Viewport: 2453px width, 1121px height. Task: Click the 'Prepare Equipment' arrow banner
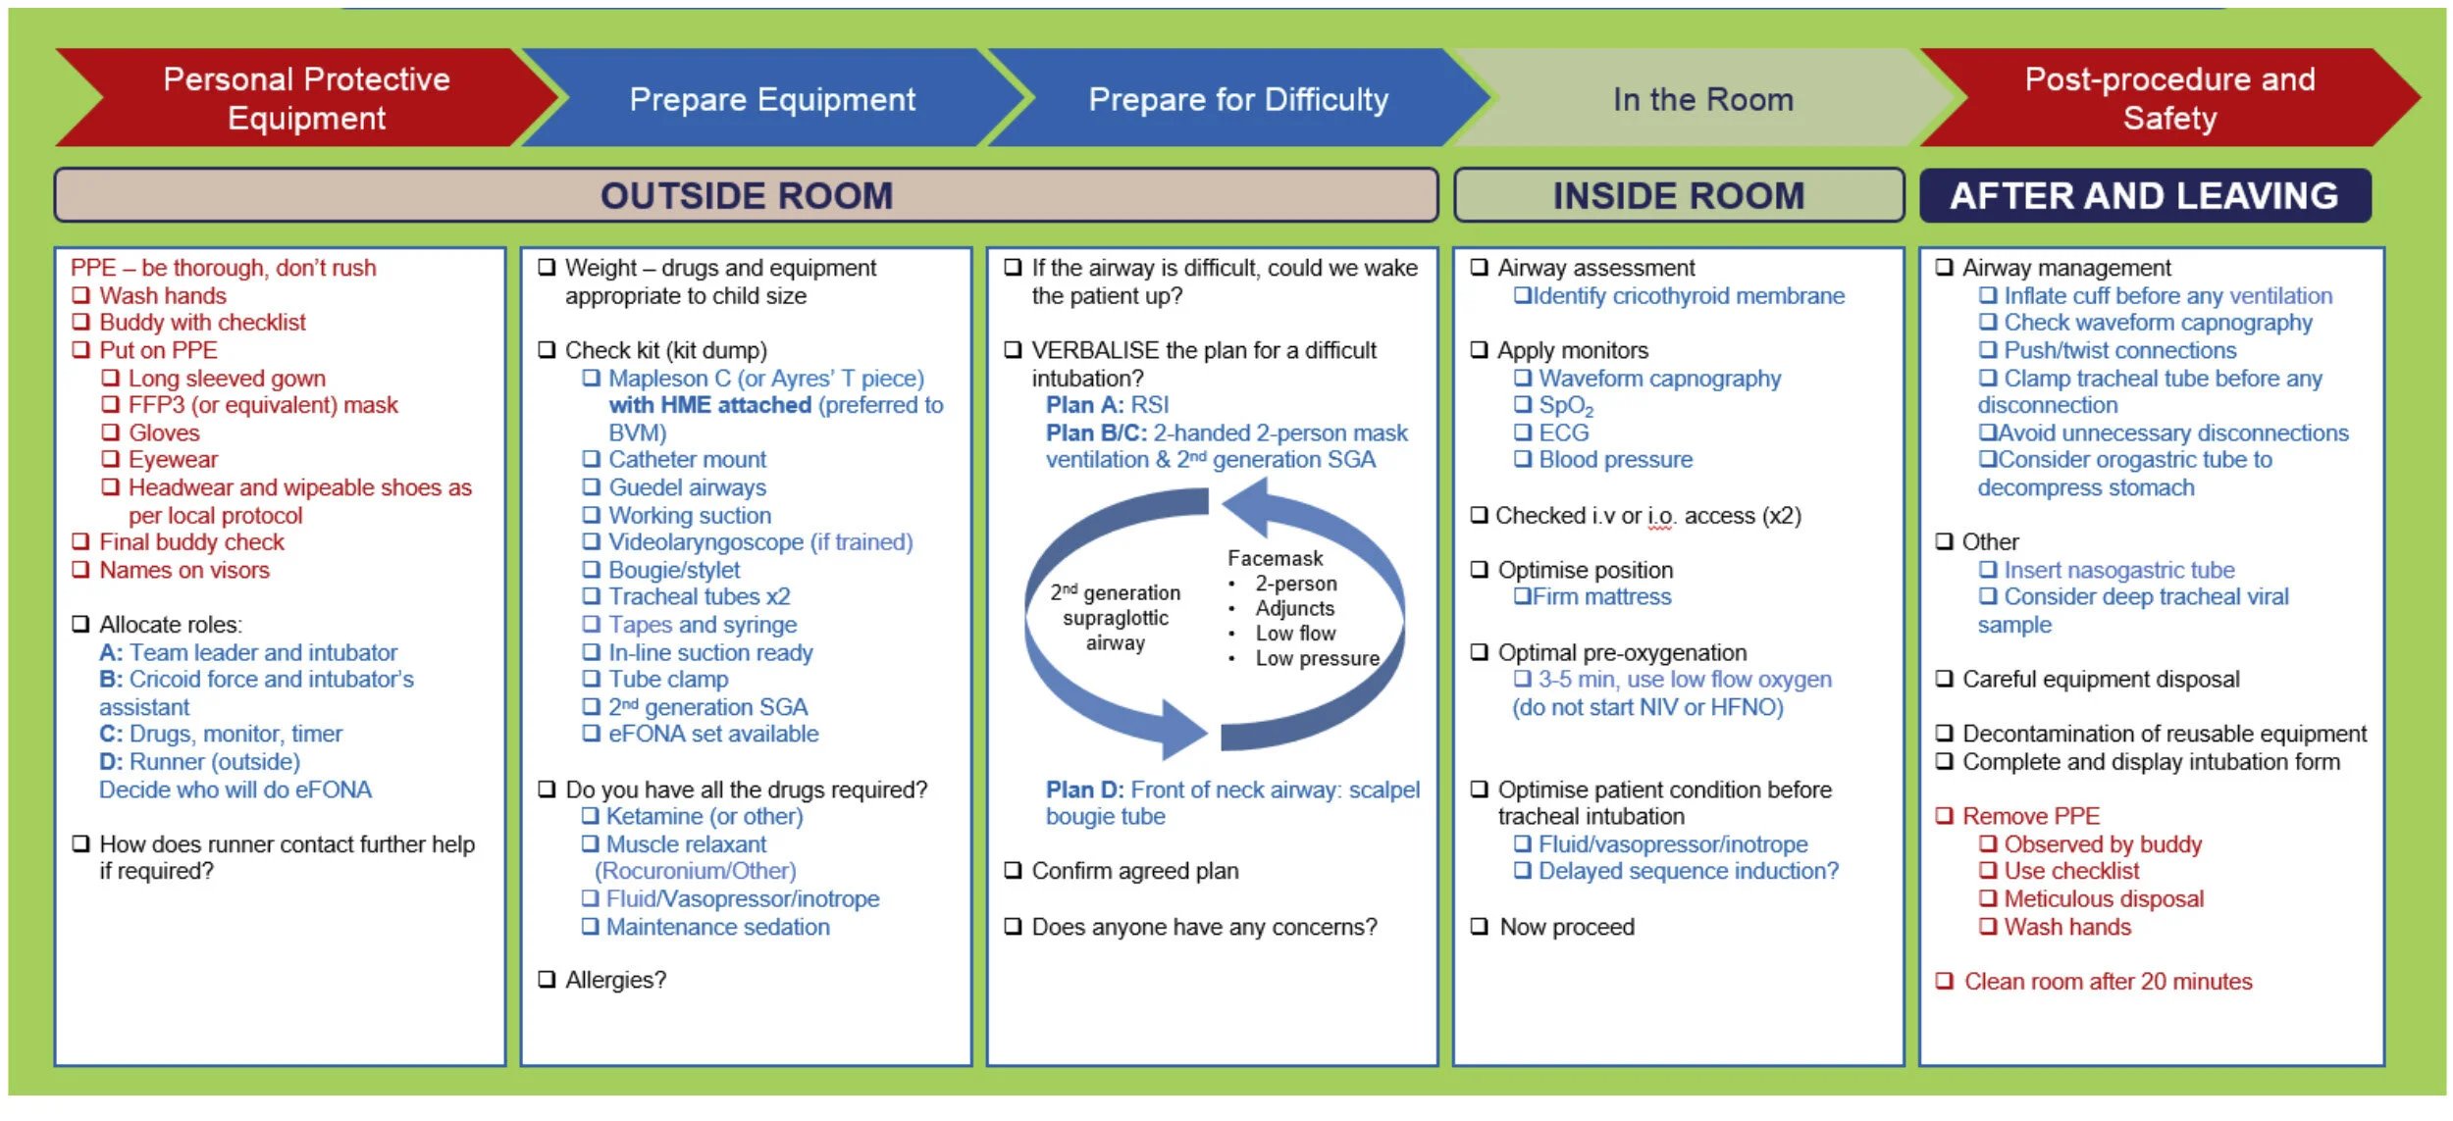[x=772, y=99]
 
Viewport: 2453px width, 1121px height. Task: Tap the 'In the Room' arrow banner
[x=1702, y=99]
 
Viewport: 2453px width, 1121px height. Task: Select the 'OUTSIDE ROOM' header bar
[x=746, y=195]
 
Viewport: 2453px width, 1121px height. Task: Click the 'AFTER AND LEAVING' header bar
[x=2144, y=195]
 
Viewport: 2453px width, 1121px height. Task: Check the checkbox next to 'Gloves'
[x=111, y=433]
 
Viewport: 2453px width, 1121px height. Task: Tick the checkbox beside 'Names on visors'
[x=81, y=570]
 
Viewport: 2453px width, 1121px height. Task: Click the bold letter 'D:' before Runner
[x=111, y=761]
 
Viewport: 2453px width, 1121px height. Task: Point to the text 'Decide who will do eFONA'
[x=235, y=790]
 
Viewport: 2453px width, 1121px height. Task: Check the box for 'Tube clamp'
[x=591, y=679]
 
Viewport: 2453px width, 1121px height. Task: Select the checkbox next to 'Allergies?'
[x=548, y=980]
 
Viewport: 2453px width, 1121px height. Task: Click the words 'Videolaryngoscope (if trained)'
[x=760, y=542]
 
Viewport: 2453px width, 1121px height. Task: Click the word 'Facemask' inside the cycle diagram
[x=1275, y=558]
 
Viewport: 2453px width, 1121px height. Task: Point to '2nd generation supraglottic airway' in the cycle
[x=1116, y=618]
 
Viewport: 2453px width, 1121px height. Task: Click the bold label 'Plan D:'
[x=1084, y=790]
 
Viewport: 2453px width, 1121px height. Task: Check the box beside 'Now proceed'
[x=1480, y=927]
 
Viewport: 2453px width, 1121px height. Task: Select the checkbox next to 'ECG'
[x=1522, y=433]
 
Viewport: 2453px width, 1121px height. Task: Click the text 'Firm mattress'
[x=1601, y=596]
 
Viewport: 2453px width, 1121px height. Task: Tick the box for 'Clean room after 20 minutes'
[x=1944, y=982]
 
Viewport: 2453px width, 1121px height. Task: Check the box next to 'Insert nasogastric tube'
[x=1987, y=570]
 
